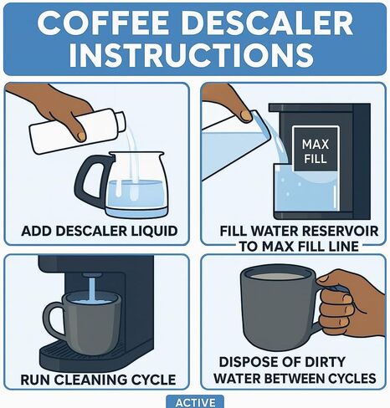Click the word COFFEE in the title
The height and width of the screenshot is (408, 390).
[x=105, y=23]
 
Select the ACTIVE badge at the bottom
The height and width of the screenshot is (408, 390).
[x=195, y=403]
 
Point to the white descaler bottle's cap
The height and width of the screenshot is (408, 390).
[x=120, y=122]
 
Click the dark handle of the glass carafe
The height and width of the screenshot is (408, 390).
[x=91, y=178]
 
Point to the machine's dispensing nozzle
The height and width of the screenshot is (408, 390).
[x=91, y=276]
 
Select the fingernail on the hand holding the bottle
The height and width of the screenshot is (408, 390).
[x=81, y=136]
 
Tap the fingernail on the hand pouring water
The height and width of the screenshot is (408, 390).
[x=246, y=115]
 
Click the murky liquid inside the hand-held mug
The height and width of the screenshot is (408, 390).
[x=275, y=276]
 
